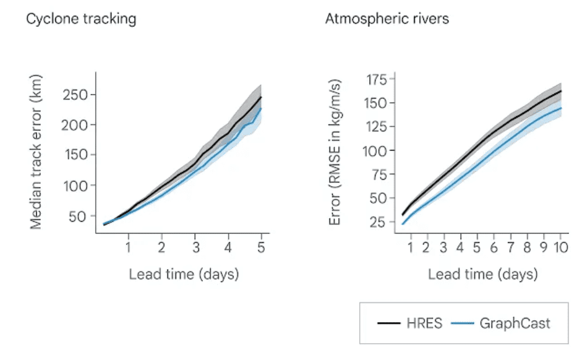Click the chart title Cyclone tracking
pos(81,19)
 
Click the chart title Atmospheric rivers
pos(387,19)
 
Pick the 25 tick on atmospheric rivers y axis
pos(378,222)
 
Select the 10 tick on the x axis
pos(560,247)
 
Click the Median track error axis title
pos(36,152)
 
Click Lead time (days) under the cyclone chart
pos(184,274)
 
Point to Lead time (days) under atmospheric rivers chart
pos(483,274)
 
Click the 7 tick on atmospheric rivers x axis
pos(510,247)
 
